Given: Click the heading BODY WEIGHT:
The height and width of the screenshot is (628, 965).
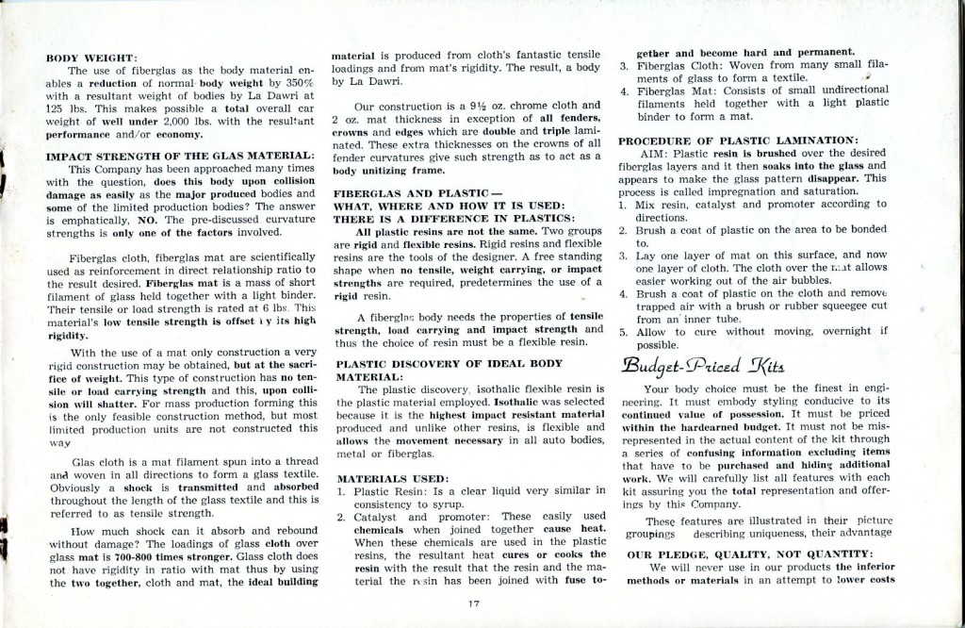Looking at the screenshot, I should [93, 57].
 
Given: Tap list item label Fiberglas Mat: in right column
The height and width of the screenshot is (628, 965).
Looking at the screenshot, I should [673, 91].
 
